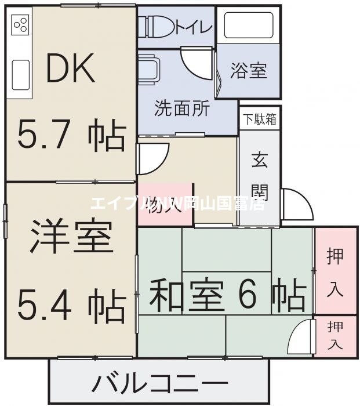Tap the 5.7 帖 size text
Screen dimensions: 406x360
[70, 135]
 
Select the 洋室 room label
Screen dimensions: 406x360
[70, 235]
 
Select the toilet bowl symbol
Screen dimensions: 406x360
[152, 26]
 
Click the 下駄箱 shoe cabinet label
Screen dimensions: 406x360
[259, 121]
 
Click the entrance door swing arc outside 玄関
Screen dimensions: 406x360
[294, 206]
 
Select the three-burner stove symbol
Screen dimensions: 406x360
[21, 24]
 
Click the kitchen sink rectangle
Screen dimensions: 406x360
[21, 75]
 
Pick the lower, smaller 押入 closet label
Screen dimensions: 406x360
[334, 335]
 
